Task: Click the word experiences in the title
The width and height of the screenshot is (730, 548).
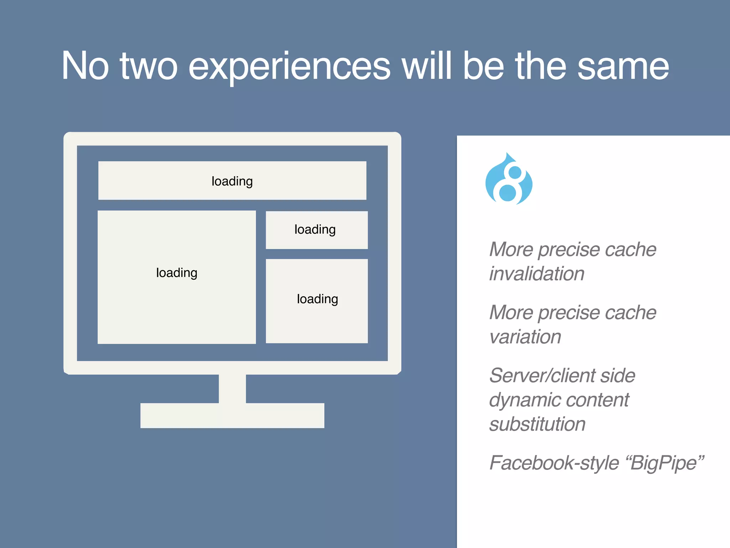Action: (289, 66)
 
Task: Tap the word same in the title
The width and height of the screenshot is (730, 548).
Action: (623, 66)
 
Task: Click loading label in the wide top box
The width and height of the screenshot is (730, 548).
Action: (232, 181)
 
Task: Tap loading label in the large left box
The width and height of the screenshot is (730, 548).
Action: (176, 273)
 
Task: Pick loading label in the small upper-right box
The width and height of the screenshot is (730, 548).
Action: (315, 229)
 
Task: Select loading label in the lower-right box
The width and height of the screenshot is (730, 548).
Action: (317, 299)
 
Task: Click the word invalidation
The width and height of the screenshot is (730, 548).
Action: (536, 274)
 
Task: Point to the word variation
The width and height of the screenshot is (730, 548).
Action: (525, 337)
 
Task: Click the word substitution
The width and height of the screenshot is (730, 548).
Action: (537, 425)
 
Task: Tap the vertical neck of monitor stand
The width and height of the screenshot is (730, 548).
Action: (232, 389)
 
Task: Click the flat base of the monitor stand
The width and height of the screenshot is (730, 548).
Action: (232, 416)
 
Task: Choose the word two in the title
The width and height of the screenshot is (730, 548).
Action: (148, 66)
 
